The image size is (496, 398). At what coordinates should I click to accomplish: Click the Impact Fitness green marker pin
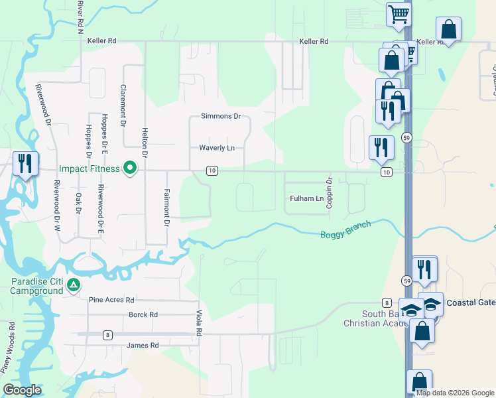(131, 168)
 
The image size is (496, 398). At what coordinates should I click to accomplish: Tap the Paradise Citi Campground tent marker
(74, 286)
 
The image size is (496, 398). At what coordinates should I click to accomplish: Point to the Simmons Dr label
(220, 116)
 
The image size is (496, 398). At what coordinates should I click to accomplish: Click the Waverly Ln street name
(217, 148)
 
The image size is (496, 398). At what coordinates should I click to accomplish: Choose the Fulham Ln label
(306, 198)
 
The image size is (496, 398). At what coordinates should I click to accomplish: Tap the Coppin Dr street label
(329, 193)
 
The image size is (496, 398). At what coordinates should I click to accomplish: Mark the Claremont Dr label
(123, 105)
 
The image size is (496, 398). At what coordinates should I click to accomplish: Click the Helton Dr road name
(145, 143)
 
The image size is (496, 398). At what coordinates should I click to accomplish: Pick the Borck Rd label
(143, 314)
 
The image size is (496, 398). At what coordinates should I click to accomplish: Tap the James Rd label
(143, 346)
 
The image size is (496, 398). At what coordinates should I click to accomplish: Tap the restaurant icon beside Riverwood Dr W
(25, 164)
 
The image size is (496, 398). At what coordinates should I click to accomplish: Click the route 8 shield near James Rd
(107, 334)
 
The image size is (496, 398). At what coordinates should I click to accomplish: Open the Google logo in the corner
(23, 390)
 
